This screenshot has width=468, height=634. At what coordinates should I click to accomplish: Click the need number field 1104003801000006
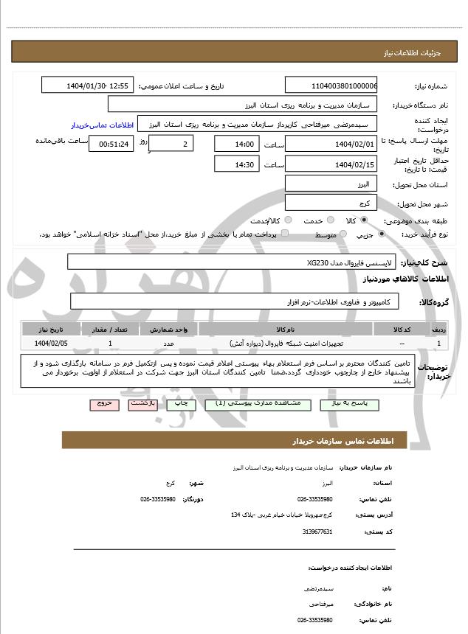331,86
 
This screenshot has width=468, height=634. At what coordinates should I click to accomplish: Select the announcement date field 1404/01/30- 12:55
88,86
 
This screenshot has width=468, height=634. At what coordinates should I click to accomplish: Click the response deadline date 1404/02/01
331,144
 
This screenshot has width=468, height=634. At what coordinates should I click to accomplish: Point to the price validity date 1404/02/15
331,164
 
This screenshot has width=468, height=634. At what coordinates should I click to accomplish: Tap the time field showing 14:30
237,164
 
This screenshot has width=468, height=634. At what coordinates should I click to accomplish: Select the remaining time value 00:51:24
111,144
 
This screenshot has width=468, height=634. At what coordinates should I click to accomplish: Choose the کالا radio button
364,220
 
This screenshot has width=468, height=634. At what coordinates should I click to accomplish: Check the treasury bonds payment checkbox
285,234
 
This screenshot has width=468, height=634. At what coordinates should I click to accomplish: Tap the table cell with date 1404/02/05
51,344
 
